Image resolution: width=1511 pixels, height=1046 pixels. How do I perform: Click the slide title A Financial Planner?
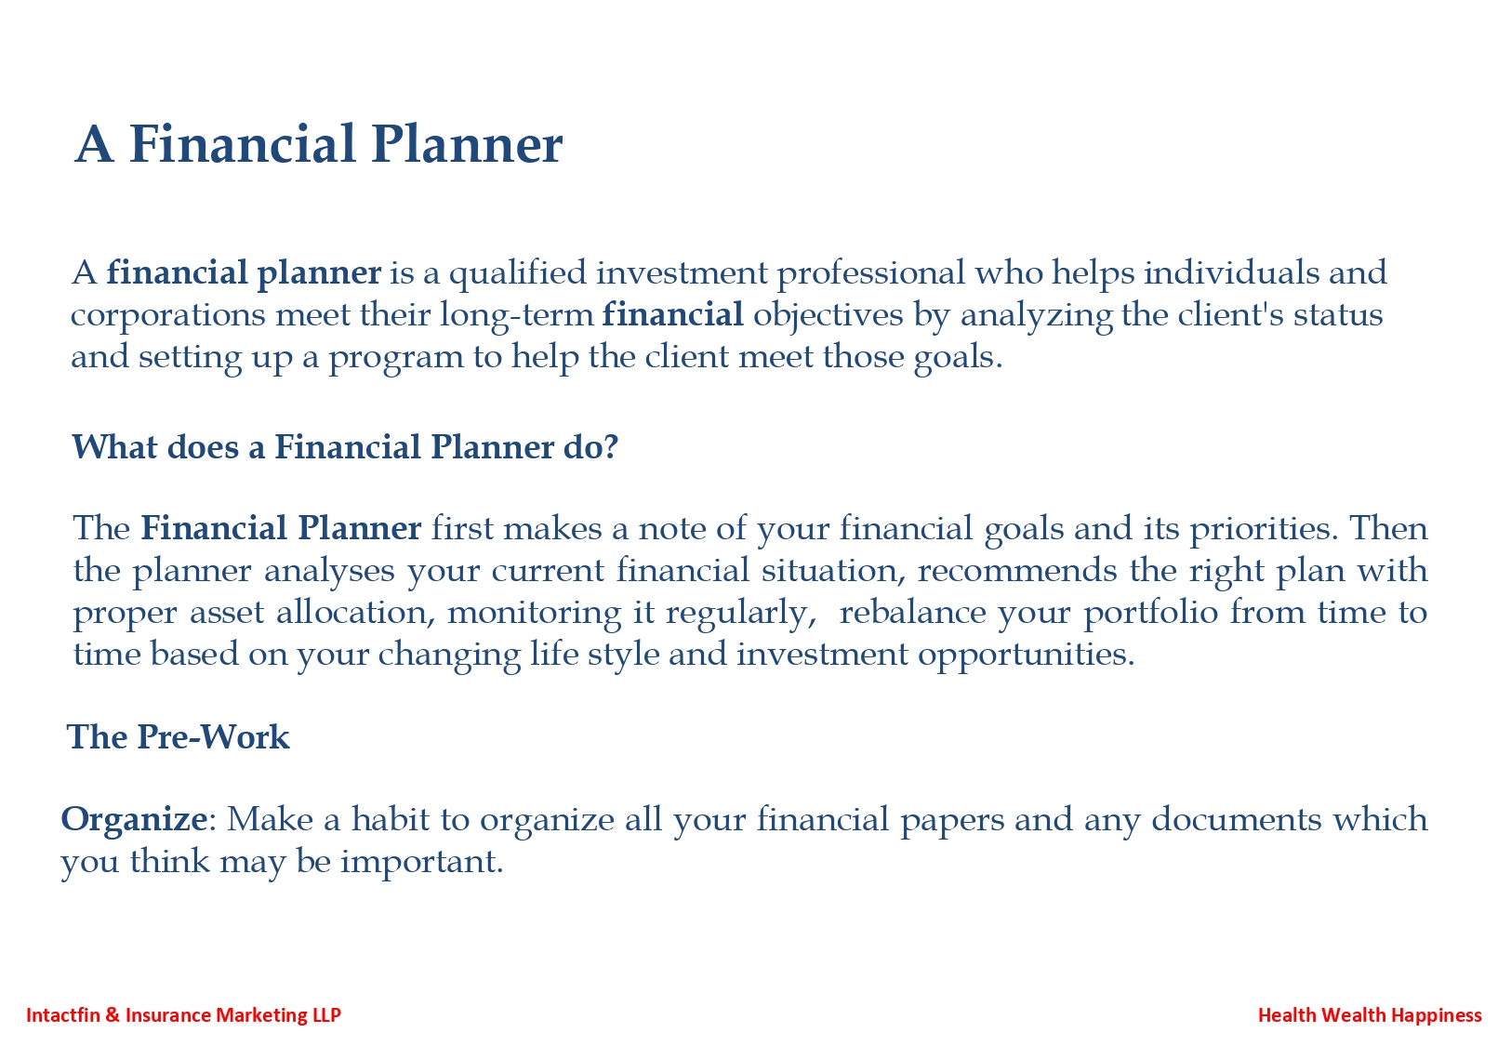(x=318, y=144)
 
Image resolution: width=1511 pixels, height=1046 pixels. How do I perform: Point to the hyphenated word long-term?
(x=517, y=315)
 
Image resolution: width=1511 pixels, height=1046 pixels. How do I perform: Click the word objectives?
(x=828, y=315)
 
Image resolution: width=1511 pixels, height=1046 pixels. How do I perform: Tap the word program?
(x=396, y=358)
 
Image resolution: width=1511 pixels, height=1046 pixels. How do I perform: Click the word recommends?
(x=1017, y=571)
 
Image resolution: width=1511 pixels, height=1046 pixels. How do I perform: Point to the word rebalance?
(x=912, y=613)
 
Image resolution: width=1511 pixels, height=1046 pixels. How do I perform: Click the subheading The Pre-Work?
(x=179, y=736)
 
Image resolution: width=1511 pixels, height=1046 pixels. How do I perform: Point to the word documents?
(x=1237, y=819)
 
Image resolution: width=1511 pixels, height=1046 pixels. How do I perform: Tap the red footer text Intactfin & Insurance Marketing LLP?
(x=183, y=1015)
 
